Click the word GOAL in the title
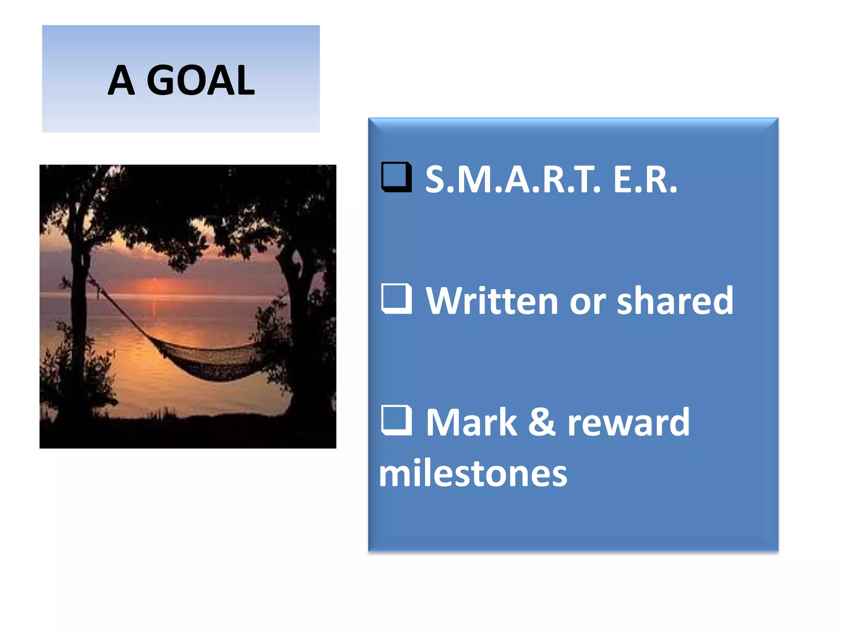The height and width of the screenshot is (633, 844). (x=201, y=80)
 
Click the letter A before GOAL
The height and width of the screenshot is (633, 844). (x=121, y=80)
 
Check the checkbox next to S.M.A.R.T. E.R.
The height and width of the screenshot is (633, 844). (x=396, y=177)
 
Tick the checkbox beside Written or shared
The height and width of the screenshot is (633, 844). (x=396, y=299)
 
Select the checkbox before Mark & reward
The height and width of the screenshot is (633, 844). (x=396, y=420)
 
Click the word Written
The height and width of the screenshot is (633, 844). (x=492, y=301)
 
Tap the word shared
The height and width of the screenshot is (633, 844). (x=675, y=301)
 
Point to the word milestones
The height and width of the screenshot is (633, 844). (x=473, y=473)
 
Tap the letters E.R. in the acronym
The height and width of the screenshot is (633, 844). (x=645, y=180)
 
